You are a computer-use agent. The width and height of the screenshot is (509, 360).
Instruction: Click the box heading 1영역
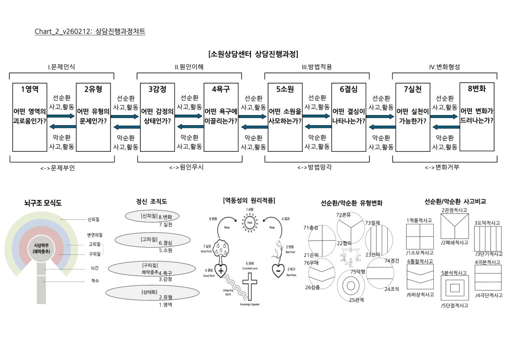tap(30, 89)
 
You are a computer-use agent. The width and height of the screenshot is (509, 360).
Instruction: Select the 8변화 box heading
tap(477, 88)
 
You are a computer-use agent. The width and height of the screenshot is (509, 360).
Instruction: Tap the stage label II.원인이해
tap(189, 67)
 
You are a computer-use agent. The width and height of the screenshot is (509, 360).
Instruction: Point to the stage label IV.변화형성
tap(444, 67)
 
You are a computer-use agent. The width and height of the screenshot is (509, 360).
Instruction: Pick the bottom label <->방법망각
tap(315, 168)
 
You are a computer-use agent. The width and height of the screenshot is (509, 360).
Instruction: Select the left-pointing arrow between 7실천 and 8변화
tap(444, 127)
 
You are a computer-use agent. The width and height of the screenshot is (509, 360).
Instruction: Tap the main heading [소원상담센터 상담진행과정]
tap(253, 54)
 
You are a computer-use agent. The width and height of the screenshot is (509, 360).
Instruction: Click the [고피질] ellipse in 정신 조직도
tap(143, 239)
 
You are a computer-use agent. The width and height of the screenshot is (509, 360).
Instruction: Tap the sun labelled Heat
tap(250, 223)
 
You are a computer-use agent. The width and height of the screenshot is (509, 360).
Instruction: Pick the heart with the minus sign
tap(278, 270)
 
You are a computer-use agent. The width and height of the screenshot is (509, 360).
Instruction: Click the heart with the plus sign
tap(220, 270)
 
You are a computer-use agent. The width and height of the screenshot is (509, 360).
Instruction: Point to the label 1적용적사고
tap(419, 220)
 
